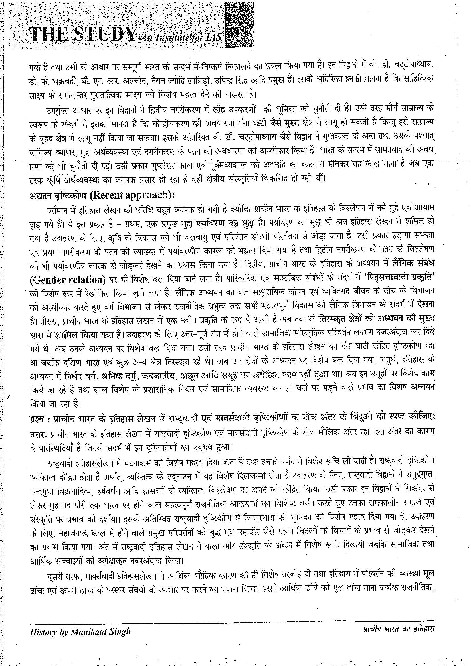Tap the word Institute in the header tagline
tap(180, 38)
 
